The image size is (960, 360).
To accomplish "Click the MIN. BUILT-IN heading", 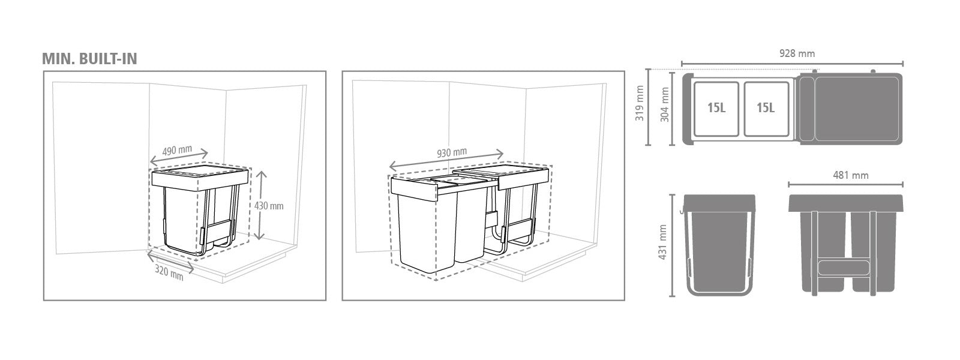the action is (89, 59).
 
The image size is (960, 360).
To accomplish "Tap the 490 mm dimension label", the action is (177, 151).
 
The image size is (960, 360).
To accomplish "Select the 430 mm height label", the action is (269, 206).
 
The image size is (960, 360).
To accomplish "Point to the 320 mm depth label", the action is (169, 273).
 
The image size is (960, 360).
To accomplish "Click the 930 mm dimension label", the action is (452, 152).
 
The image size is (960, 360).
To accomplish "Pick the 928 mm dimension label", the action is (797, 53).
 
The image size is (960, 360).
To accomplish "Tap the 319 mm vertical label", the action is (640, 103).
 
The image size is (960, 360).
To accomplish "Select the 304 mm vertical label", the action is (664, 104).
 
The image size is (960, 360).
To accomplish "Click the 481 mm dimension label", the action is (851, 175).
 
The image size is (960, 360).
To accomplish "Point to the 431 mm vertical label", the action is (662, 242).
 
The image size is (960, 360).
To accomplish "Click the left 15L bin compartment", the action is (716, 109).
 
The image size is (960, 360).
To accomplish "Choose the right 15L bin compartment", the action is (766, 109).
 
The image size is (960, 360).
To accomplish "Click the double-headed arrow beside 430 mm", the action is (260, 205).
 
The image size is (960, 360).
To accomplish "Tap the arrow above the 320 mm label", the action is (170, 263).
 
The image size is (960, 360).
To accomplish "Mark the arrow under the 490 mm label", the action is (179, 158).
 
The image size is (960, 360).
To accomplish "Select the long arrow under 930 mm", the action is (446, 160).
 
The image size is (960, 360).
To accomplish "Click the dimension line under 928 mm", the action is (793, 64).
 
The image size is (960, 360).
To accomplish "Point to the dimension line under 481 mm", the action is (846, 185).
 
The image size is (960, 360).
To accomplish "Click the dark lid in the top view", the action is (851, 109).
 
